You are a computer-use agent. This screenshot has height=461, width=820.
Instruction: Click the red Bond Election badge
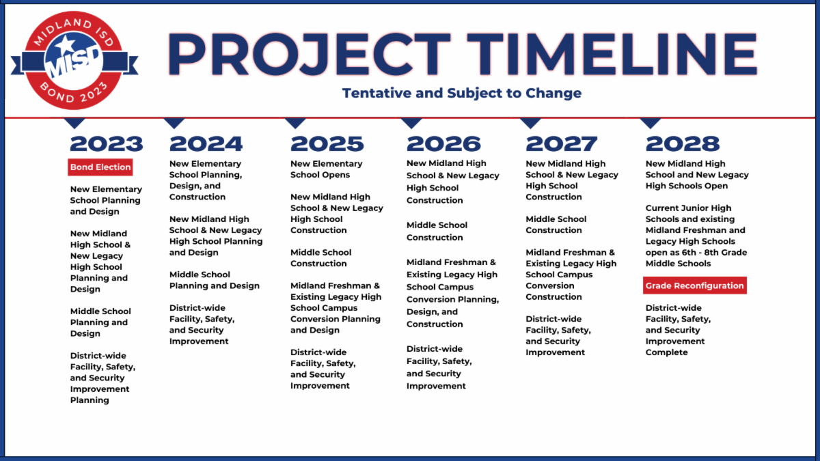click(x=100, y=167)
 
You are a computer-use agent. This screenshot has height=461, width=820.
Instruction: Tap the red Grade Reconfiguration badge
click(x=695, y=285)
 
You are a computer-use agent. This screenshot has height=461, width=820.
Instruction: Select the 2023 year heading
click(x=107, y=144)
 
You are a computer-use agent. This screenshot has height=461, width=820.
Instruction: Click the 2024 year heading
click(x=206, y=144)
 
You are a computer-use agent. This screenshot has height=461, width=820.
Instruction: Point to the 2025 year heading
click(x=327, y=144)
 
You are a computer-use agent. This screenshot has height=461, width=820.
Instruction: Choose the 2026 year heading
click(x=443, y=144)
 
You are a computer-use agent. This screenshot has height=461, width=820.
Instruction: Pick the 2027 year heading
click(x=562, y=144)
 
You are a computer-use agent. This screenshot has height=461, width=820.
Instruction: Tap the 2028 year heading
click(x=683, y=144)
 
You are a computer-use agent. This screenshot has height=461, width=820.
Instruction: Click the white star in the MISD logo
click(x=66, y=44)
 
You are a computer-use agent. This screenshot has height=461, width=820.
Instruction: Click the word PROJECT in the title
click(x=309, y=54)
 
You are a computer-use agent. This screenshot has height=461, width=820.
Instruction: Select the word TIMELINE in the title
click(x=612, y=54)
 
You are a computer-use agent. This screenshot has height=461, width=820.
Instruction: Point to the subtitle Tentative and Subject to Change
click(x=462, y=93)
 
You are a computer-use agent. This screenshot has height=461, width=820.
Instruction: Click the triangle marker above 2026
click(x=411, y=122)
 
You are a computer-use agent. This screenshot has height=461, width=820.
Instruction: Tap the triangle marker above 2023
click(x=74, y=122)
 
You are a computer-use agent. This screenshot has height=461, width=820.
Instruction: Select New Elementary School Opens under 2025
click(x=326, y=169)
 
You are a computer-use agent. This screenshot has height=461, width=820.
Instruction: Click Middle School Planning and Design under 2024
click(x=214, y=280)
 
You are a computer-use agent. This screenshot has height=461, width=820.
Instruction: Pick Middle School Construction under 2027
click(x=556, y=224)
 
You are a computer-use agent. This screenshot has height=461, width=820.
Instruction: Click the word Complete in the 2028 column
click(x=666, y=352)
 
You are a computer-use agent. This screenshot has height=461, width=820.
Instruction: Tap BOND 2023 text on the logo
click(x=74, y=94)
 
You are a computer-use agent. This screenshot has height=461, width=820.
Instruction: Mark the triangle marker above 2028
click(x=650, y=122)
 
